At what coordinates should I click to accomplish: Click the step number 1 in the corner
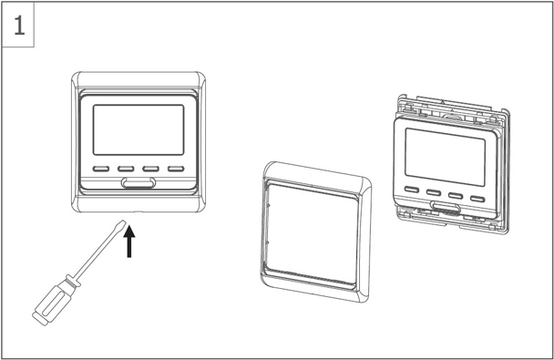[19, 26]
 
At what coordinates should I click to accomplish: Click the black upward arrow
[129, 242]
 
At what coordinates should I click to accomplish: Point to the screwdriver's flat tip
[122, 222]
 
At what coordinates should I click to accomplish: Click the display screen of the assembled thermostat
[138, 129]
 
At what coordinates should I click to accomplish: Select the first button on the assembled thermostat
[101, 169]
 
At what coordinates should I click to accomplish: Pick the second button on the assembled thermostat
[126, 169]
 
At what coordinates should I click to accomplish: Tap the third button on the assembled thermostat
[150, 169]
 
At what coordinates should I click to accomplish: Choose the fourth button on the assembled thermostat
[176, 169]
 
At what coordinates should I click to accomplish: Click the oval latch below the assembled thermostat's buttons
[138, 182]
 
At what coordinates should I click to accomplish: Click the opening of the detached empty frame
[313, 233]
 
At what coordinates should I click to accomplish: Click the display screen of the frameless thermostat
[446, 157]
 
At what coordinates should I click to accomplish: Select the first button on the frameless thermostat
[412, 190]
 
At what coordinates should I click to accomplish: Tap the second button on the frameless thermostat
[434, 192]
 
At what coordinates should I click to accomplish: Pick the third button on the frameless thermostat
[456, 196]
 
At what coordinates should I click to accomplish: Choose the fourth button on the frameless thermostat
[477, 199]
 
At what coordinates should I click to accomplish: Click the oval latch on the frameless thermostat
[446, 207]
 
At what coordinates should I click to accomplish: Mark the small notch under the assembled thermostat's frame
[138, 212]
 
